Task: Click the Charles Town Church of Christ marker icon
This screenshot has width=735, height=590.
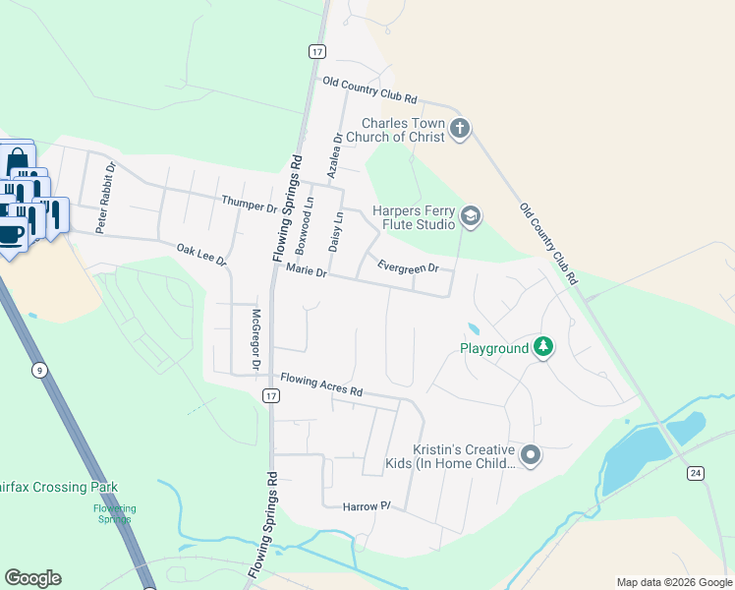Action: pos(460,128)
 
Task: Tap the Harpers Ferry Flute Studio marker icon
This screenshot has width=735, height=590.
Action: pos(471,217)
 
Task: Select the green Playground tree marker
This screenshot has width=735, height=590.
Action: pos(542,347)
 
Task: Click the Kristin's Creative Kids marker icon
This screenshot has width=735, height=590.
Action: pos(531,454)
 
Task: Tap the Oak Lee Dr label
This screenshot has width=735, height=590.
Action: pos(201,256)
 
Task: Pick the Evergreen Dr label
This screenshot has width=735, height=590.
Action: pos(407,265)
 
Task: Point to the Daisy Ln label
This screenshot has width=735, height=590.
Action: pos(335,231)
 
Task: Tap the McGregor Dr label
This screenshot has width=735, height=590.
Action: pos(254,339)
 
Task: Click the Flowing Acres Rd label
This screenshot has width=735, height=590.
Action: pos(321,384)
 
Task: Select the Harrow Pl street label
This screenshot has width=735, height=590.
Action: pos(367,506)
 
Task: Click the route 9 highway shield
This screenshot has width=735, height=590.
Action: pos(39,370)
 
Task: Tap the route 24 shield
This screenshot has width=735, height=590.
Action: pos(696,474)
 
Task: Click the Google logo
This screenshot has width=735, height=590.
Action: pos(32,578)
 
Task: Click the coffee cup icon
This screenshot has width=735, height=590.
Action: pos(11,234)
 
